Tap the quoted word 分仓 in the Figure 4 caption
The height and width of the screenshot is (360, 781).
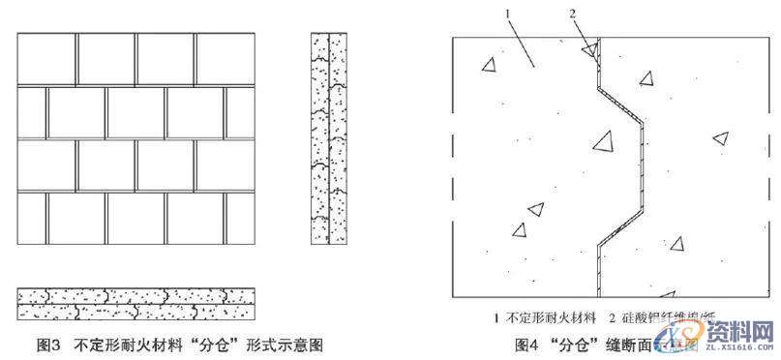(584, 344)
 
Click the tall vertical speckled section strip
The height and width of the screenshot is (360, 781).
(329, 138)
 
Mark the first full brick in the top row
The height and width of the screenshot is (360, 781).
(48, 59)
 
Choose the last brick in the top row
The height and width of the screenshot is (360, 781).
(224, 59)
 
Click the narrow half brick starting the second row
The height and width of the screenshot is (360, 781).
(32, 113)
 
